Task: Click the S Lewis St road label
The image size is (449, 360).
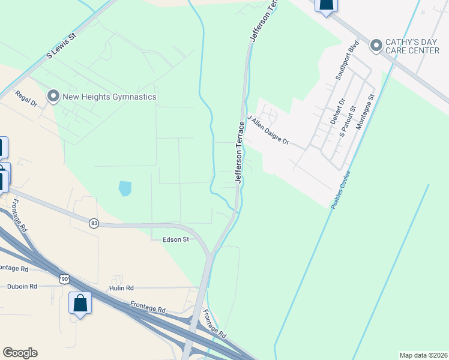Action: [x=62, y=46]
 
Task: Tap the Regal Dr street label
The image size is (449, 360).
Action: [x=26, y=99]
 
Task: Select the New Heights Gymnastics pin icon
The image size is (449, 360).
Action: [x=53, y=96]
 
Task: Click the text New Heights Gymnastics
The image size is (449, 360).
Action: [x=109, y=97]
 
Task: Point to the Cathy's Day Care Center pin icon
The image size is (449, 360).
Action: [x=376, y=46]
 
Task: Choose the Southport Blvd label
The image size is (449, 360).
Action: [x=347, y=61]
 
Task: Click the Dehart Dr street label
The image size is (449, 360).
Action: [x=342, y=111]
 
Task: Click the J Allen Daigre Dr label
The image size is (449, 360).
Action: [x=268, y=132]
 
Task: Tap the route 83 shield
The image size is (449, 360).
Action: [x=94, y=223]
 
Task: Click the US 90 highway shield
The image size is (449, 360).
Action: [x=64, y=278]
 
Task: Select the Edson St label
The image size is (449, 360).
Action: [x=176, y=239]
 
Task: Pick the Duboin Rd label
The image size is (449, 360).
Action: [x=22, y=287]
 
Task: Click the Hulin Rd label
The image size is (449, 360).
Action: [x=121, y=289]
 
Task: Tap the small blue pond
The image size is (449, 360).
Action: [x=125, y=188]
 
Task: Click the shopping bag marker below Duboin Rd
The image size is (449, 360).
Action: [x=80, y=304]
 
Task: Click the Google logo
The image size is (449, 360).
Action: [x=20, y=353]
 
